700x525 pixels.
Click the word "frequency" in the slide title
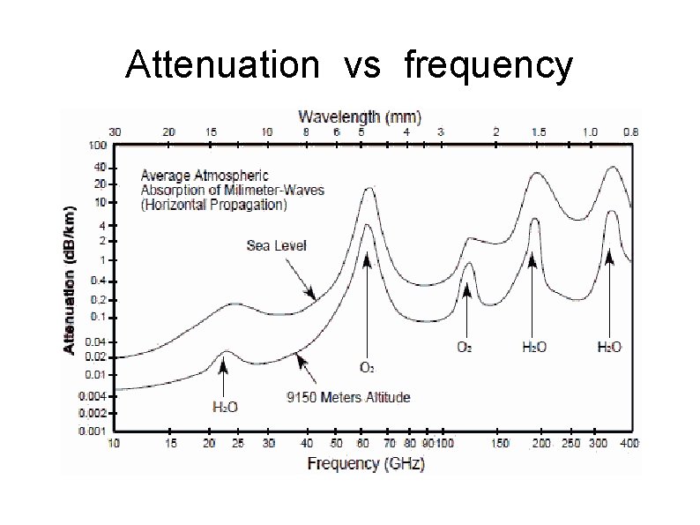(x=488, y=66)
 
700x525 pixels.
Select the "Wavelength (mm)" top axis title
(x=360, y=116)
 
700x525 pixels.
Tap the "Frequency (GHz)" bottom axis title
(x=366, y=462)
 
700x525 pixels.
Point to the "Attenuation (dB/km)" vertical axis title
(x=70, y=281)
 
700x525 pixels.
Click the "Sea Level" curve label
(x=276, y=246)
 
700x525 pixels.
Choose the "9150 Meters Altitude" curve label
(x=349, y=397)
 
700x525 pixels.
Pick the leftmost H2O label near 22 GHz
(x=224, y=406)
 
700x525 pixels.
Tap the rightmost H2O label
(x=608, y=347)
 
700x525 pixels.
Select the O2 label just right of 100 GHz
(x=463, y=347)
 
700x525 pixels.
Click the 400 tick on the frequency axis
(x=629, y=443)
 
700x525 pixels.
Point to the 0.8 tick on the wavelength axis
(x=630, y=131)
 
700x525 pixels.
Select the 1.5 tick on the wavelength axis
(x=538, y=131)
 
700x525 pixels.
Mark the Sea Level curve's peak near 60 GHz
(x=369, y=188)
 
